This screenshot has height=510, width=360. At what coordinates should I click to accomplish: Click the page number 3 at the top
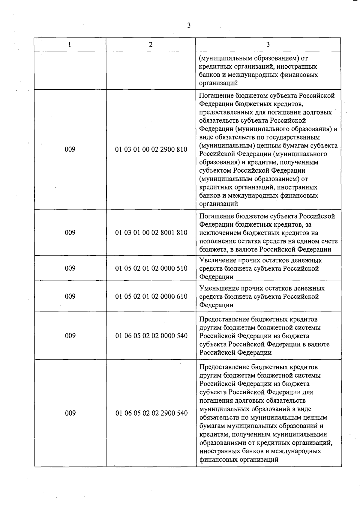[189, 25]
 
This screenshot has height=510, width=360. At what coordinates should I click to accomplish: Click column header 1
[70, 45]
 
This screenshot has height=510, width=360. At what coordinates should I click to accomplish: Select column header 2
[151, 45]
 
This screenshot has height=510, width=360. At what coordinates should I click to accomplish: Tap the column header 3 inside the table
[268, 45]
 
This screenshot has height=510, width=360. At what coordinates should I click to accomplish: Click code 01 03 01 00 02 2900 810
[151, 149]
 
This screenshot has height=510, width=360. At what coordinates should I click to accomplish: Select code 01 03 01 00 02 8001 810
[151, 233]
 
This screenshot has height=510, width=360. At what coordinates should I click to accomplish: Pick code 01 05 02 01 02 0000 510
[151, 268]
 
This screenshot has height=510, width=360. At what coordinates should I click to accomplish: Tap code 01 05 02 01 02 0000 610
[151, 297]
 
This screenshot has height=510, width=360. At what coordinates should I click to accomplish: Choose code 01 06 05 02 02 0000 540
[151, 336]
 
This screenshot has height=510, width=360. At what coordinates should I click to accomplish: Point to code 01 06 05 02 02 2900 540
[151, 413]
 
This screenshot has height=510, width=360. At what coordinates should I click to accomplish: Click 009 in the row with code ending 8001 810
[70, 233]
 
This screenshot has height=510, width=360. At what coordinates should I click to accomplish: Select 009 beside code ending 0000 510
[70, 268]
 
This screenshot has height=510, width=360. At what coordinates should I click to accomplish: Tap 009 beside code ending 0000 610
[70, 297]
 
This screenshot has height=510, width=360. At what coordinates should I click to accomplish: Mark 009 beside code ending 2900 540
[70, 413]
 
